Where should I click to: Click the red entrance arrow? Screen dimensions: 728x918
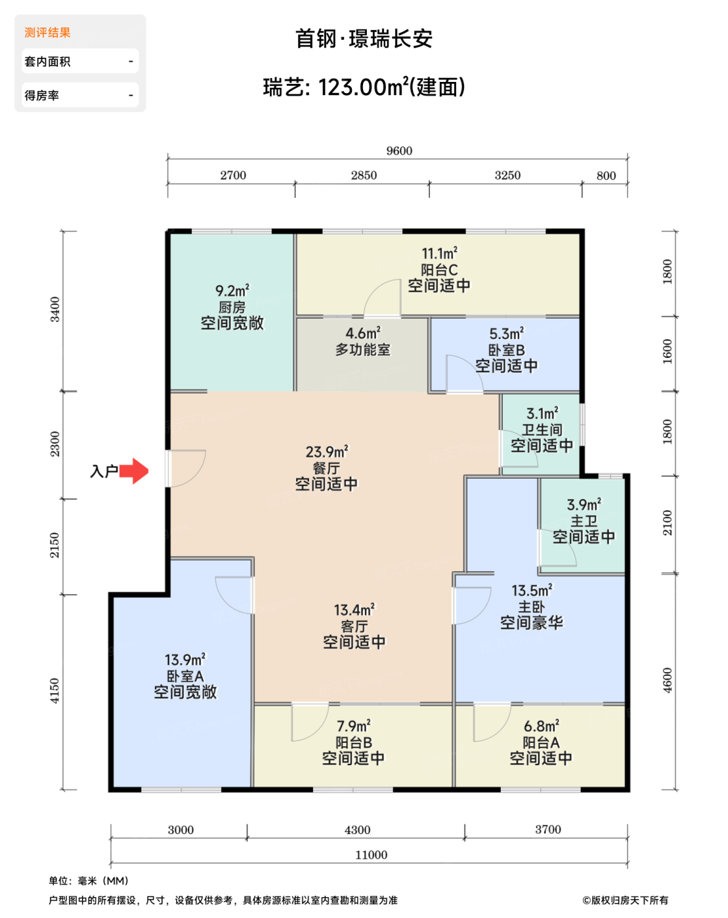click(x=134, y=471)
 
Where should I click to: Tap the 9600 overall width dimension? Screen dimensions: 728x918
click(x=399, y=151)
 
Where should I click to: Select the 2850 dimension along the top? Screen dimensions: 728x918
click(x=364, y=175)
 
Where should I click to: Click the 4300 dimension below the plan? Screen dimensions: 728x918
click(x=358, y=829)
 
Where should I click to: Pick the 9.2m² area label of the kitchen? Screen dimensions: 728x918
click(x=232, y=290)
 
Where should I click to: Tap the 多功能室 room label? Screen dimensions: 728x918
click(x=363, y=349)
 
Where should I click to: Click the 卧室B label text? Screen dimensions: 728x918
click(x=506, y=350)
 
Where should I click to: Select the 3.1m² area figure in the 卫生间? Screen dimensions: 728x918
click(x=542, y=413)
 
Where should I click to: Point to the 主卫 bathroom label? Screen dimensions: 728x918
click(x=584, y=521)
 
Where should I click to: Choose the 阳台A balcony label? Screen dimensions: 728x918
click(x=541, y=743)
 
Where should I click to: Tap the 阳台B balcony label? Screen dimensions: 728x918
click(x=354, y=743)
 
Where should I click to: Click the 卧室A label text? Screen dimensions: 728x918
click(x=185, y=676)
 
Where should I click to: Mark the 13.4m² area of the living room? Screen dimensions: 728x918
click(x=354, y=610)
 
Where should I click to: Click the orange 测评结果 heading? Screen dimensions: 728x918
click(x=47, y=32)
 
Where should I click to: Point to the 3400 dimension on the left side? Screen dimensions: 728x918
click(x=55, y=309)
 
